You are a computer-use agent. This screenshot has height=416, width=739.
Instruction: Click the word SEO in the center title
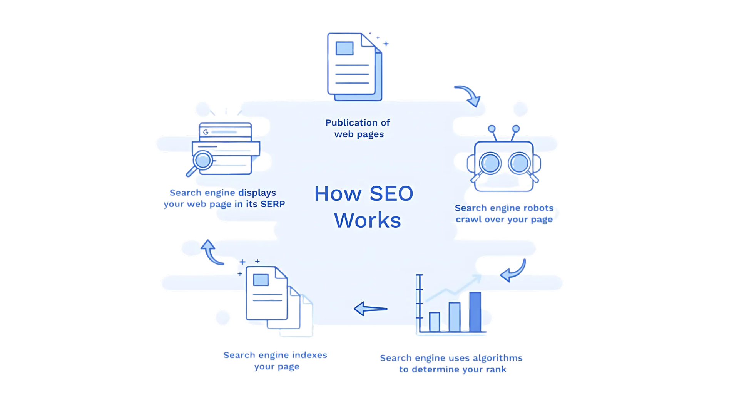pyautogui.click(x=391, y=193)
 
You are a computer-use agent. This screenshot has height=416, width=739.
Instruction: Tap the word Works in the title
pyautogui.click(x=368, y=220)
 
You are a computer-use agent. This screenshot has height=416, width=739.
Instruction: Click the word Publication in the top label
pyautogui.click(x=349, y=123)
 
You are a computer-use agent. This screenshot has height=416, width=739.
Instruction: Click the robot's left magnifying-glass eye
pyautogui.click(x=490, y=163)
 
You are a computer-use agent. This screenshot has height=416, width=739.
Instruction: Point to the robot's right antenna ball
pyautogui.click(x=516, y=129)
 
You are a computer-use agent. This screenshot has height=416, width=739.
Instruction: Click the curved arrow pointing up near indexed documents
pyautogui.click(x=211, y=252)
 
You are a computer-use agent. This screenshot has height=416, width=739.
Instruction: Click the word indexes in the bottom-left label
pyautogui.click(x=310, y=355)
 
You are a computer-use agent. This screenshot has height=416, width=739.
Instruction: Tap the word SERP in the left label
pyautogui.click(x=273, y=204)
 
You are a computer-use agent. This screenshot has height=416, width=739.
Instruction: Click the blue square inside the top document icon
pyautogui.click(x=344, y=49)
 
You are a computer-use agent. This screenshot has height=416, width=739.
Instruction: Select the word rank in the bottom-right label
pyautogui.click(x=496, y=369)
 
